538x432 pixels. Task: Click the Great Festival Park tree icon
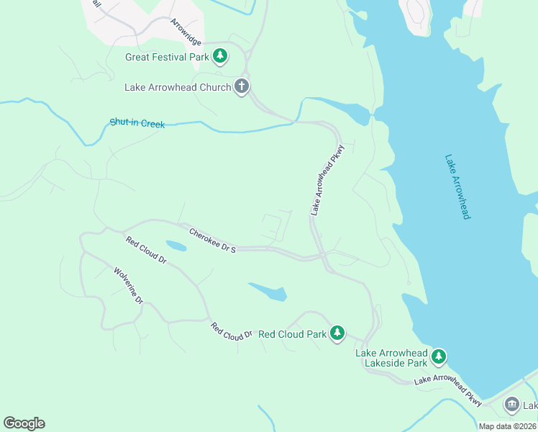click(220, 56)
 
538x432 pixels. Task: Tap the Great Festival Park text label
click(167, 57)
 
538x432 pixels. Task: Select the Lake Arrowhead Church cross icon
click(242, 87)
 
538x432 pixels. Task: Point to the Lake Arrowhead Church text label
click(178, 88)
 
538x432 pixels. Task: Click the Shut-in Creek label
click(137, 124)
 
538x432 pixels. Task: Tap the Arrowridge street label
click(186, 33)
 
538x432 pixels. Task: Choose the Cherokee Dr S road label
click(212, 240)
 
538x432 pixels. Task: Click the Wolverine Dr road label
click(129, 285)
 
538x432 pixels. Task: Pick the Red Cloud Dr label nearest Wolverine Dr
click(146, 250)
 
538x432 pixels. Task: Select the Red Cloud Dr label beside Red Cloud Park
click(232, 331)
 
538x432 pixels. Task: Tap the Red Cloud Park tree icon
click(337, 333)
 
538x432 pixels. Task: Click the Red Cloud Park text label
click(292, 334)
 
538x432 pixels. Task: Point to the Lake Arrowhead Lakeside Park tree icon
click(438, 356)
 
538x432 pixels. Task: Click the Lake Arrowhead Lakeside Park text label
click(391, 359)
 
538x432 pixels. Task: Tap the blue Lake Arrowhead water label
click(457, 186)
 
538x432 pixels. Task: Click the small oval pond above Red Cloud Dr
click(176, 246)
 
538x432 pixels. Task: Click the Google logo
click(24, 423)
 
